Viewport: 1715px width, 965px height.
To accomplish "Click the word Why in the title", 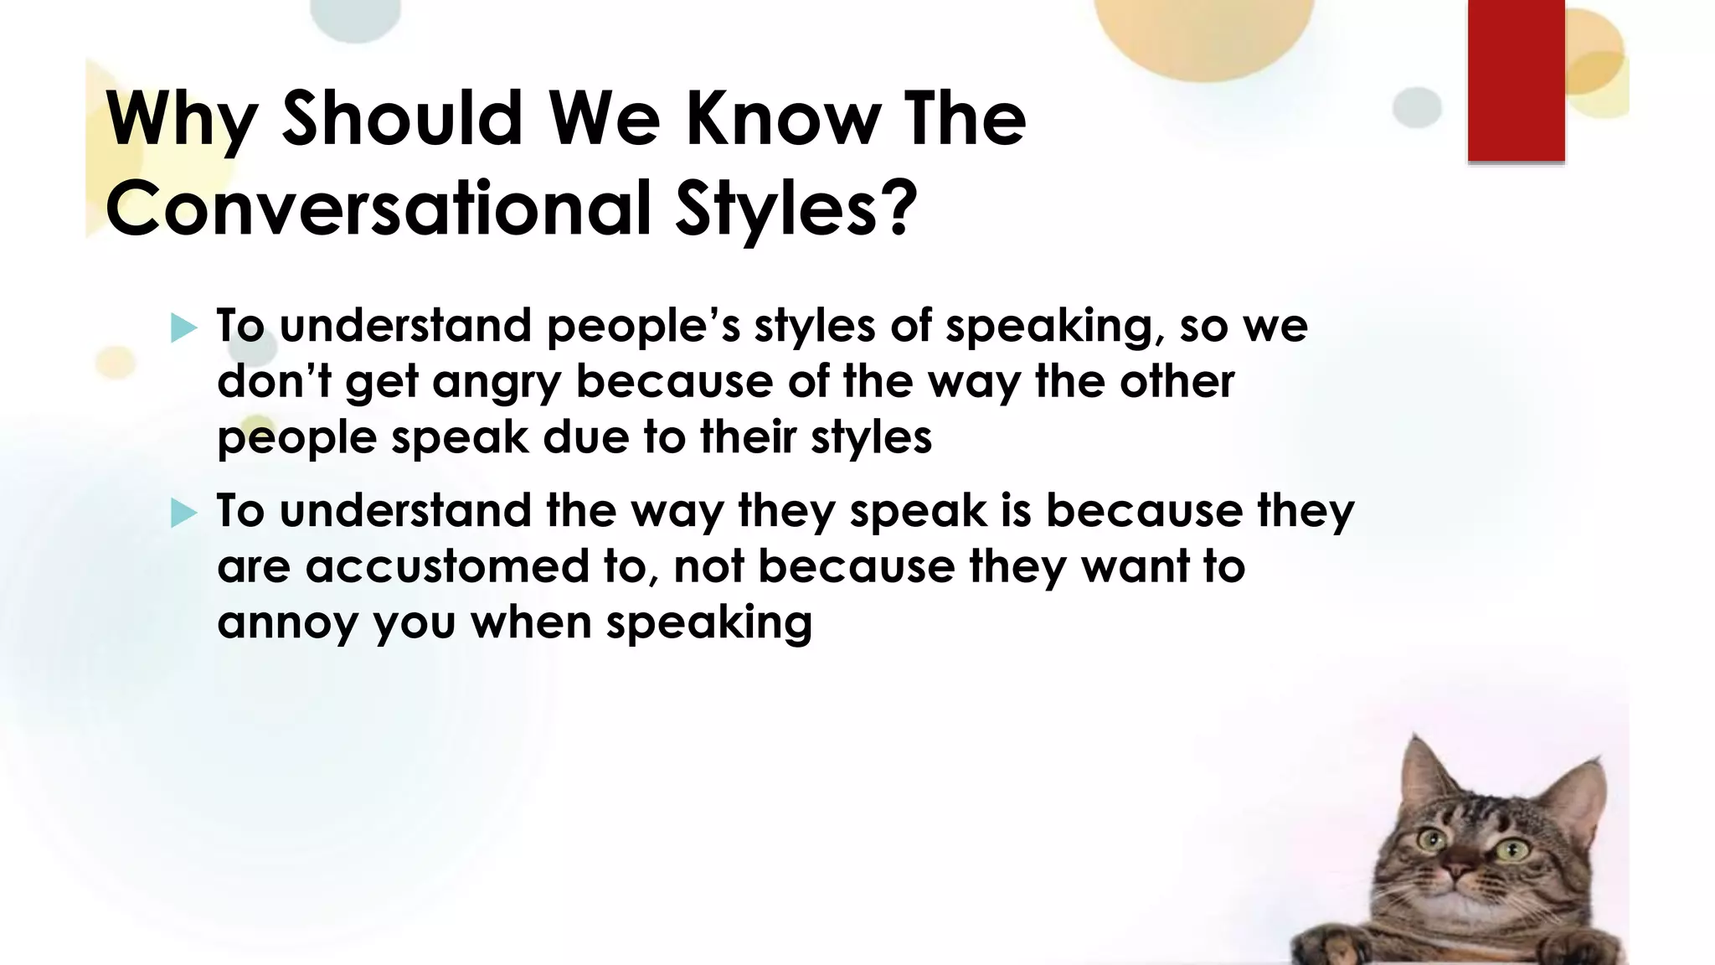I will tap(181, 120).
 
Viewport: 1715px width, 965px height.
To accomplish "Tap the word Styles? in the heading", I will tap(796, 209).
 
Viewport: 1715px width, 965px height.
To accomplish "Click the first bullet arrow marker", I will tap(183, 328).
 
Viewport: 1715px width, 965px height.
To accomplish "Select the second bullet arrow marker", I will tap(183, 513).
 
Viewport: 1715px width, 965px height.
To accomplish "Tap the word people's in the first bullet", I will tap(643, 327).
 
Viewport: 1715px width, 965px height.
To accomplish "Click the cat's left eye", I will tap(1431, 839).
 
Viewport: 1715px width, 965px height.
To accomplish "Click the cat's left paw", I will tap(1331, 945).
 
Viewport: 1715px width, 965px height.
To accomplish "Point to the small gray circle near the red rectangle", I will tap(1417, 108).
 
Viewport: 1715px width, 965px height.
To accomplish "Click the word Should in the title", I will tap(403, 118).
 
